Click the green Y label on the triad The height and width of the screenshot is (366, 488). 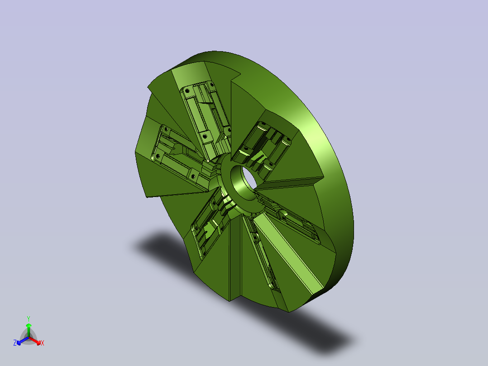click(x=29, y=318)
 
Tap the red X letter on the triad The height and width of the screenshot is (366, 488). click(x=43, y=343)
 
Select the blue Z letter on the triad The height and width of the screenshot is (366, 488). click(x=15, y=342)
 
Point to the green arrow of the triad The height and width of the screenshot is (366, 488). click(x=29, y=330)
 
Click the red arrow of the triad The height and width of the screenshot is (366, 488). click(x=35, y=341)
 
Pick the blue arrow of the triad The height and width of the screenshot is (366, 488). click(x=23, y=341)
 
